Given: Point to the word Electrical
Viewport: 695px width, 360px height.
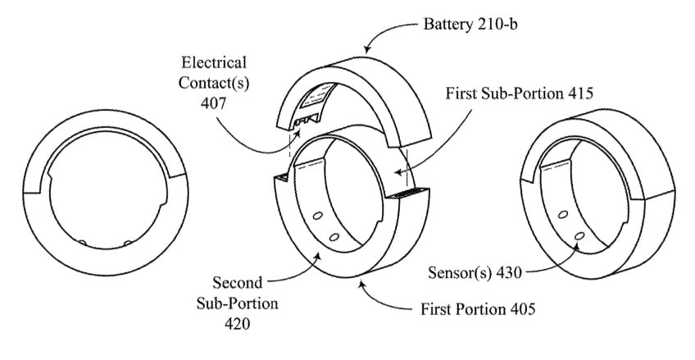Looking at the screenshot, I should [x=216, y=62].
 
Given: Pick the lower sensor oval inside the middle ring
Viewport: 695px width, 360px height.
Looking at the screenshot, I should [x=335, y=235].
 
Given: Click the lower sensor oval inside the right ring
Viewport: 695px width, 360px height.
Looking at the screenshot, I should [x=579, y=236].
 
